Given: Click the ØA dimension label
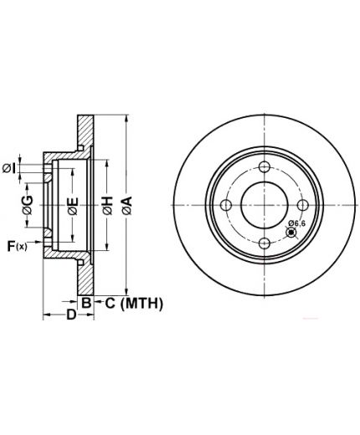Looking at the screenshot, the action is point(127,206).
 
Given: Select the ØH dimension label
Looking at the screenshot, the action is point(107,206).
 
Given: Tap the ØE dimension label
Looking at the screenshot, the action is point(73,207).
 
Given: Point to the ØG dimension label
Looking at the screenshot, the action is point(28,205).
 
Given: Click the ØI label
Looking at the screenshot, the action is point(8,168).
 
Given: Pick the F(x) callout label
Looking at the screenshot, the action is point(18,246).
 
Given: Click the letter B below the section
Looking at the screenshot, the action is point(86,303).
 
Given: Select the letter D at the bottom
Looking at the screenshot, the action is point(71,315).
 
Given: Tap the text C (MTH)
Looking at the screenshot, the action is point(134,304).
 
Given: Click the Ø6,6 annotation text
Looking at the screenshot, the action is point(297,223).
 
